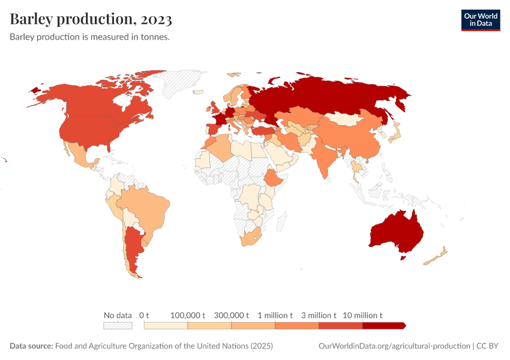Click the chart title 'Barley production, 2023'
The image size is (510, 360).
tap(91, 19)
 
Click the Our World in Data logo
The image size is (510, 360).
tap(480, 20)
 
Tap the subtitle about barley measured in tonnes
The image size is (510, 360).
tap(90, 37)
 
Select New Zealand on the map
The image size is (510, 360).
tap(436, 256)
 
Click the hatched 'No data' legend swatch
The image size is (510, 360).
tap(118, 326)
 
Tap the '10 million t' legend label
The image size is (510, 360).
tap(362, 315)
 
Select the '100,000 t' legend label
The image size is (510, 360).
tap(188, 315)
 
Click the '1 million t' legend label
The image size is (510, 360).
tap(275, 315)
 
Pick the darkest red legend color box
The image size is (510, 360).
tap(384, 326)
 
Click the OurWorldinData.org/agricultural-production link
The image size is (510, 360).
tap(394, 346)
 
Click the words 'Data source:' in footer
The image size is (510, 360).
tap(31, 346)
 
